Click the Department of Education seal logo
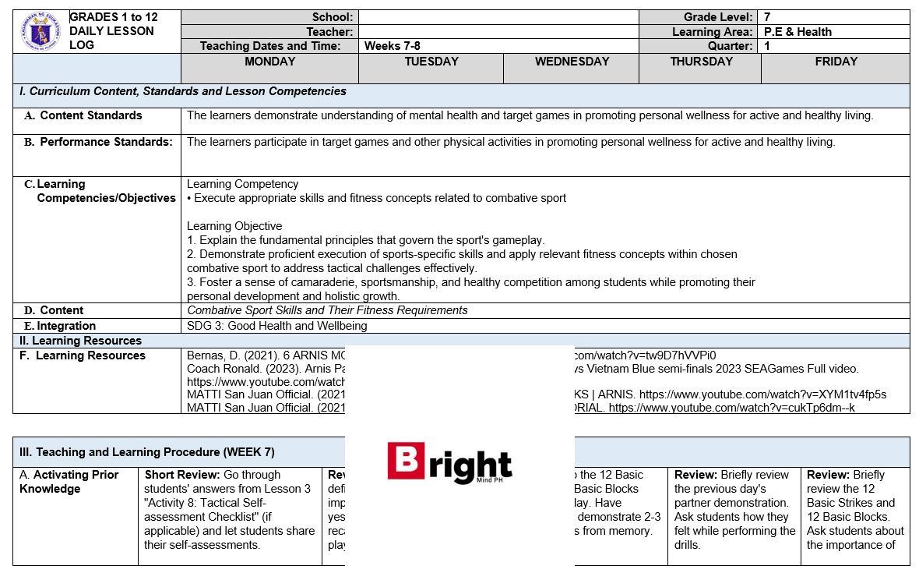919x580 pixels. pos(40,32)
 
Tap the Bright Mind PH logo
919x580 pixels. pos(449,463)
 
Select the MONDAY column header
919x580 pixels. pos(269,62)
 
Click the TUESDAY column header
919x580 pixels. pos(431,62)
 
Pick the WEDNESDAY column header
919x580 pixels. pos(572,62)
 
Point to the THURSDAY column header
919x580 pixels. pos(701,62)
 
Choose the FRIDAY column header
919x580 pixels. pos(836,62)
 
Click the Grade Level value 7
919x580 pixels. pos(768,17)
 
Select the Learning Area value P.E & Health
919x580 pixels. pos(798,32)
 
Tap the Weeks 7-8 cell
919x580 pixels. pos(393,46)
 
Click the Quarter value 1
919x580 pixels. pos(768,46)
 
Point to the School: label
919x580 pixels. pos(333,17)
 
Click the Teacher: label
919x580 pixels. pos(329,32)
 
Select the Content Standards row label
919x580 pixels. pos(90,115)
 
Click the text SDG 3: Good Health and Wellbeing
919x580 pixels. pos(277,326)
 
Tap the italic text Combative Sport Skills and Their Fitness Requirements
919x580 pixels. pos(327,310)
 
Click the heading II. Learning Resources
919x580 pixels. pos(80,341)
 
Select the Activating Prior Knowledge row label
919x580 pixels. pos(69,482)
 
